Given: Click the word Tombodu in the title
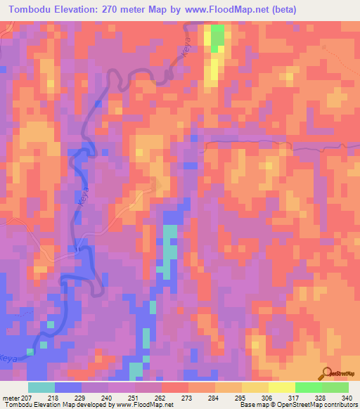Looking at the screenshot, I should point(33,10).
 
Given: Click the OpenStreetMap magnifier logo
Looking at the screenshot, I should point(326,373).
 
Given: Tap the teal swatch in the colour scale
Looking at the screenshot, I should point(41,387).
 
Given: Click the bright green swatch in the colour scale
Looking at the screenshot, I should point(308,387).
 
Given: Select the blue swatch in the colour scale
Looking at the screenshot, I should point(68,387).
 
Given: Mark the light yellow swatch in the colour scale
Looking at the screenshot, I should point(281,387).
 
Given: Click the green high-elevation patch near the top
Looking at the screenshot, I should point(218,34).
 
